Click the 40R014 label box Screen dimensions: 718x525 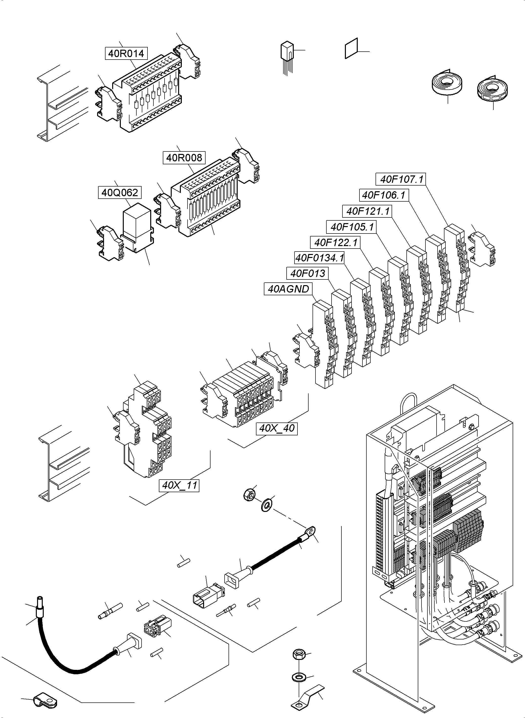click(126, 53)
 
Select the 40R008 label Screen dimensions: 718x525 click(184, 158)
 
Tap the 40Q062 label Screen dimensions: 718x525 click(120, 193)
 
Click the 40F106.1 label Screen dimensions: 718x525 click(384, 195)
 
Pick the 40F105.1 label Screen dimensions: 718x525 click(352, 227)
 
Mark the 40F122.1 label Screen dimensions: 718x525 click(335, 243)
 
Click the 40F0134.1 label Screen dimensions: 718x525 click(319, 258)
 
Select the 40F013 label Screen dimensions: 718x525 click(307, 273)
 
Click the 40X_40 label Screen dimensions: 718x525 click(277, 428)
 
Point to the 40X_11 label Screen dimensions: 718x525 click(179, 485)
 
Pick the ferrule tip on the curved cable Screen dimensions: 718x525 click(40, 602)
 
